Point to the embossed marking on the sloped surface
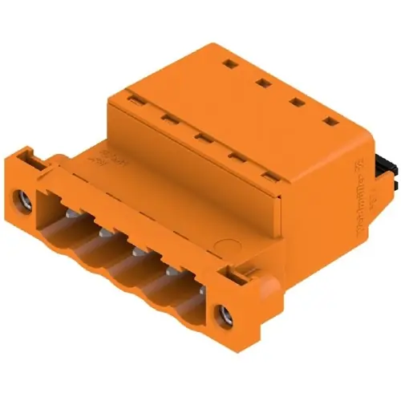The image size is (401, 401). (x=103, y=155)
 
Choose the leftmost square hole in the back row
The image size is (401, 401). (x=228, y=63)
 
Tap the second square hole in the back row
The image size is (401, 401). (x=261, y=81)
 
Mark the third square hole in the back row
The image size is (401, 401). (x=295, y=101)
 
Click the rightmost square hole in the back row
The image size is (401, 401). (x=330, y=122)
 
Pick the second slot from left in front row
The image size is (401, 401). (x=168, y=119)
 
